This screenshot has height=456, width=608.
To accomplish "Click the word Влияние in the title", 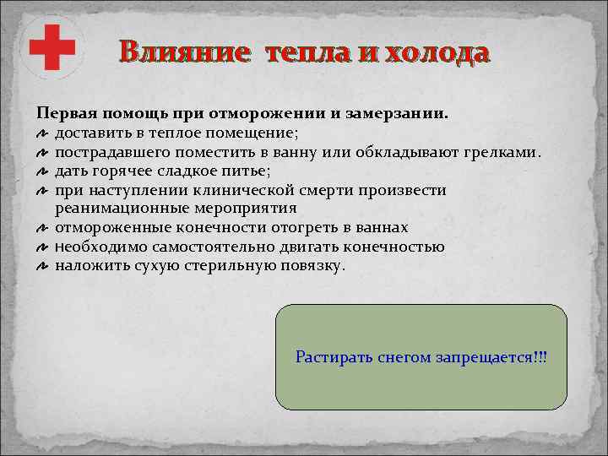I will (185, 52).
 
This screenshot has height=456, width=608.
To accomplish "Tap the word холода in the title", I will (436, 52).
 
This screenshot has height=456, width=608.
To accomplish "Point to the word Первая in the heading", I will (64, 112).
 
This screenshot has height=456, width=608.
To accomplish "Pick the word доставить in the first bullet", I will (90, 133).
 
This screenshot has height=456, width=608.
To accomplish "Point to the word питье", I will (246, 171).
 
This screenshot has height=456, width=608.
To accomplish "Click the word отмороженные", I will (110, 228).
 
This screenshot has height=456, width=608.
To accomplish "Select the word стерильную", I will (226, 265).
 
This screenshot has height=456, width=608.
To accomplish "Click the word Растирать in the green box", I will (328, 357).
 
